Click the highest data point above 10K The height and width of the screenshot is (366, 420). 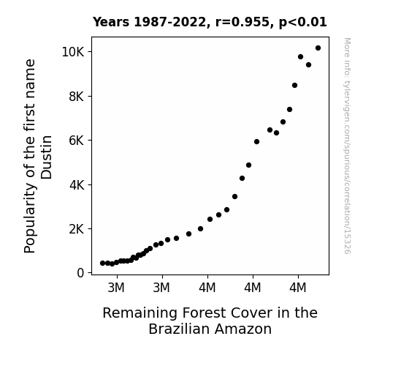click(x=318, y=48)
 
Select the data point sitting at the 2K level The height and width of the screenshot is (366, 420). click(x=200, y=229)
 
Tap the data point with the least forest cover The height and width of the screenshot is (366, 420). click(x=102, y=264)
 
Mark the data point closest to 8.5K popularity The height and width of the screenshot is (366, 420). click(x=294, y=86)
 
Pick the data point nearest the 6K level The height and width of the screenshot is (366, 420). click(x=256, y=141)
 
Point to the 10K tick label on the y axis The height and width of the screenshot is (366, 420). click(x=73, y=52)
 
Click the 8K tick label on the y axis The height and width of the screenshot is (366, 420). click(x=77, y=96)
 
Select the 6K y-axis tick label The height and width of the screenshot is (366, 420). click(x=77, y=141)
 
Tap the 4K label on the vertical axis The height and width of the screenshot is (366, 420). click(x=77, y=184)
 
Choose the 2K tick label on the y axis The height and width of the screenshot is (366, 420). click(x=77, y=229)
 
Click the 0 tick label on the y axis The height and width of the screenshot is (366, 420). click(x=80, y=273)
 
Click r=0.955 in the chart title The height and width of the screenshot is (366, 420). click(x=243, y=22)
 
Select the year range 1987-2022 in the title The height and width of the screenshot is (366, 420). click(x=169, y=22)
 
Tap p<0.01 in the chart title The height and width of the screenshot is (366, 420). click(x=302, y=23)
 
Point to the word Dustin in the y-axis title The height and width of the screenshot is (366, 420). click(x=46, y=157)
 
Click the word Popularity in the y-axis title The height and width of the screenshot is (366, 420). click(x=29, y=218)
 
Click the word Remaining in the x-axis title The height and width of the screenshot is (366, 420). click(x=140, y=313)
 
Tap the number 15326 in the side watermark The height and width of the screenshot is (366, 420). click(x=347, y=243)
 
